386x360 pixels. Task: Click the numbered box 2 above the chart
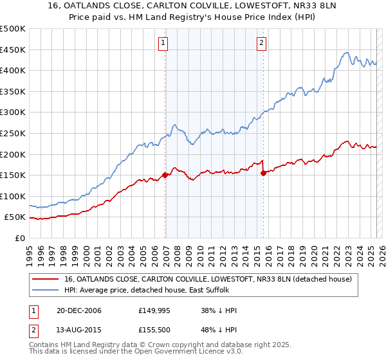[x=262, y=43]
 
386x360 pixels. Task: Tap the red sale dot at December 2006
[x=165, y=174]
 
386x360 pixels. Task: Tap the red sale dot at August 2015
[x=264, y=172]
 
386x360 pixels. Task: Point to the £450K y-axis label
[x=13, y=50]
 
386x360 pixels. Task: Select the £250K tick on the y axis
[x=13, y=133]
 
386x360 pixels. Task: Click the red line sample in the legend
[x=46, y=280]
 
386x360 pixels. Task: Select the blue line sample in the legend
[x=46, y=291]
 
